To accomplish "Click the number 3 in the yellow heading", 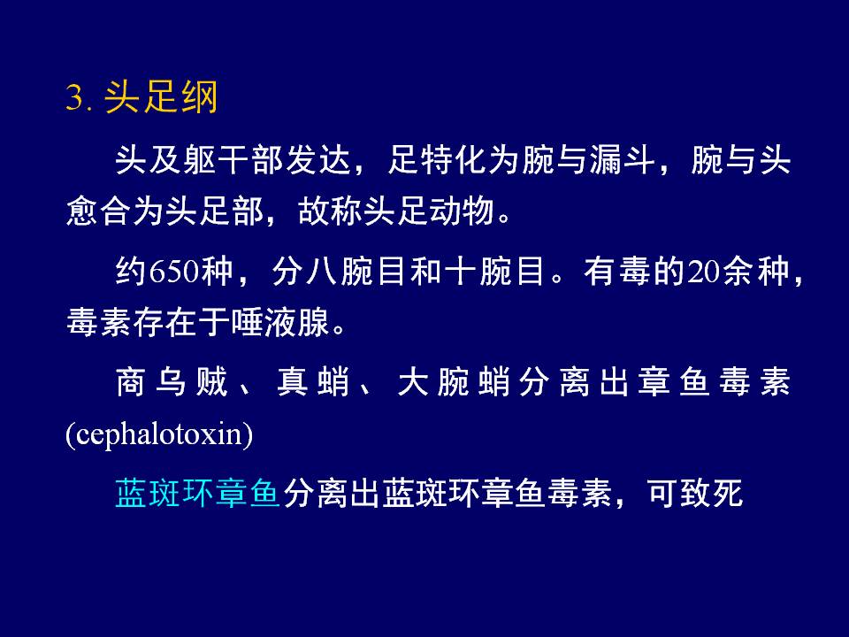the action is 74,98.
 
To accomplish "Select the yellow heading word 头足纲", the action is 161,97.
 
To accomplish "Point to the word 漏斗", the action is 623,160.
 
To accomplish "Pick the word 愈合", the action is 99,211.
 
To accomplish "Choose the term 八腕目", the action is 356,271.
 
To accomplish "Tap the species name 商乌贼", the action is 172,381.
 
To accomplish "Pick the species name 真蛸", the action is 313,381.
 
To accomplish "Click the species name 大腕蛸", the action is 454,381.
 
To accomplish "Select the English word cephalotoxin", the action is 159,434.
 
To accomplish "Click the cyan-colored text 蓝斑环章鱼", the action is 197,493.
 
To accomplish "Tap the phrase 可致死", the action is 696,493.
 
